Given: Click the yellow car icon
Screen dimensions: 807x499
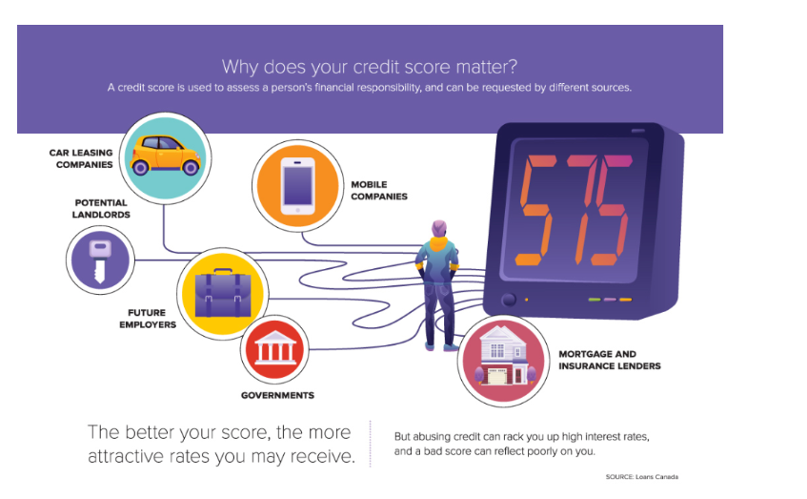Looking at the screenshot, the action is (x=165, y=155).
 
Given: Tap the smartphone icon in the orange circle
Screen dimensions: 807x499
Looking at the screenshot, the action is (x=297, y=186).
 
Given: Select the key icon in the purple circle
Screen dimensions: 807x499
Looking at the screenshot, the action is (x=100, y=261).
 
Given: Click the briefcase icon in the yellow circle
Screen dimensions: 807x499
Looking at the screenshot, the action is (x=223, y=293).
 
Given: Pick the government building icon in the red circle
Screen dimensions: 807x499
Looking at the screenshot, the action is (x=274, y=348).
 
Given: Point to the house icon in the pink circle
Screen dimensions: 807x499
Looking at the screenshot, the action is (x=504, y=356).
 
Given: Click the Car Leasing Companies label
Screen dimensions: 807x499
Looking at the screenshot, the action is (x=81, y=158).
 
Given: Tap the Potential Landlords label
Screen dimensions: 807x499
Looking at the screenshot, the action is (x=101, y=209).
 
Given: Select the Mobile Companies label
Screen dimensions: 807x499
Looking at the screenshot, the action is (x=379, y=190).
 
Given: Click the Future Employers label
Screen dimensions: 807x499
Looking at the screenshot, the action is (x=148, y=319).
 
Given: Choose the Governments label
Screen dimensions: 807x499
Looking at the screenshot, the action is (x=277, y=395).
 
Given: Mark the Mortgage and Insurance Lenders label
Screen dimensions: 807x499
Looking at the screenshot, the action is (x=610, y=360).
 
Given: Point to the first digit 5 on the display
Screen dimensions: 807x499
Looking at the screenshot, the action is (x=536, y=210).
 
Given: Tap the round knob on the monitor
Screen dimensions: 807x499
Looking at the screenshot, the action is (x=509, y=300).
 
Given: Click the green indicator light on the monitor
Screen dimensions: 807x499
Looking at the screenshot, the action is (x=595, y=300).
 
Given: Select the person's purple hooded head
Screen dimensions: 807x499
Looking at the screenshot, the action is (x=439, y=228).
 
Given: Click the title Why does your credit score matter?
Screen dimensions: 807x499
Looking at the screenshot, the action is (x=370, y=67).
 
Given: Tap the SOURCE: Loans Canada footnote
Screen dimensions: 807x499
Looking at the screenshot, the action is (x=642, y=477).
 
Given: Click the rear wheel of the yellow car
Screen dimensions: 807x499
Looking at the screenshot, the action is (x=140, y=167).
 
